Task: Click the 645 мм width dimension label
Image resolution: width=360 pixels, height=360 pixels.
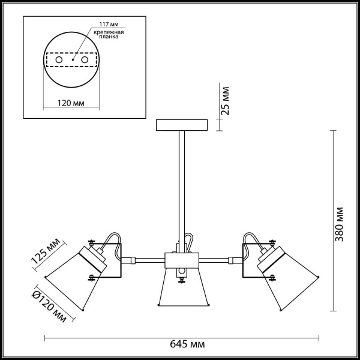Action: (x=187, y=345)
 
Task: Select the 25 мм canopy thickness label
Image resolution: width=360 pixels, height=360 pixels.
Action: (x=226, y=101)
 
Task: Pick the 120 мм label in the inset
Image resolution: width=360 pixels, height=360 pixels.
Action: (x=71, y=104)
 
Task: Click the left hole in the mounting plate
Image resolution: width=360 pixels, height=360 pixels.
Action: (x=58, y=61)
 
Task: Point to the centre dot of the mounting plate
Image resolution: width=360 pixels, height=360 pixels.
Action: (x=72, y=61)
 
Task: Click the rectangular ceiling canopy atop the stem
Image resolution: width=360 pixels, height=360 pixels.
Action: (x=181, y=125)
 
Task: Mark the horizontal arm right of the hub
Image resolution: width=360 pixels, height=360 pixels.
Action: (x=214, y=260)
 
